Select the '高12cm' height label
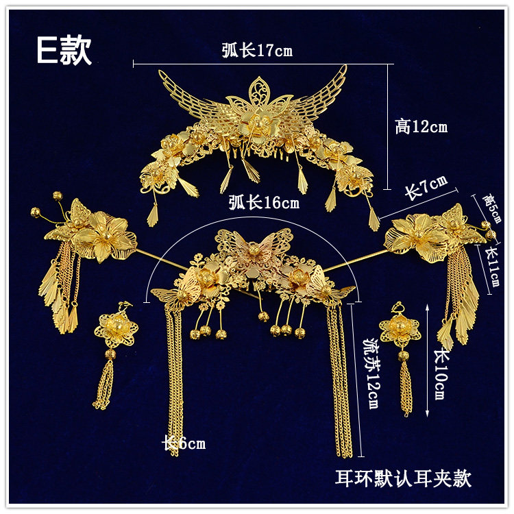421,127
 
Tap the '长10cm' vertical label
439,374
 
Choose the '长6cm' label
183,443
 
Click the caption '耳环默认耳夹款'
403,477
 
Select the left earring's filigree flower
114,329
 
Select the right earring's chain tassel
405,387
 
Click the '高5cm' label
491,209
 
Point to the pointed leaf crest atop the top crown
259,90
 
